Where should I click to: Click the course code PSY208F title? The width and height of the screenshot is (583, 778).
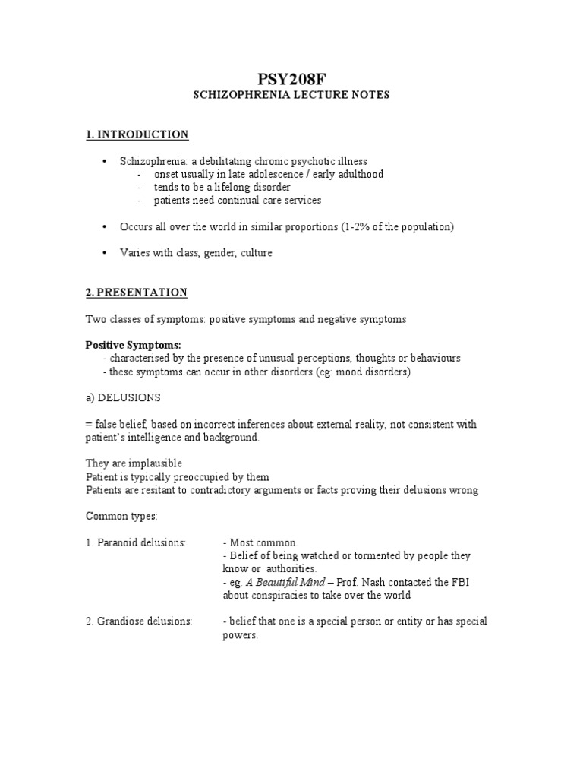(291, 78)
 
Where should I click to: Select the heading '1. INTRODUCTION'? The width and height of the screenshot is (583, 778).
(137, 134)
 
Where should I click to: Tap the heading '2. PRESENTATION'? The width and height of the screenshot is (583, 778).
(136, 293)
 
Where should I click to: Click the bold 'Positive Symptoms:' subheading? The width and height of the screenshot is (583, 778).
(133, 345)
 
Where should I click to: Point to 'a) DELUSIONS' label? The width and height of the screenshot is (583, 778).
(122, 397)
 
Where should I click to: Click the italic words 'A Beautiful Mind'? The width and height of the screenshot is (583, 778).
(285, 582)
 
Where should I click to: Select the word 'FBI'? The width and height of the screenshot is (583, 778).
(438, 582)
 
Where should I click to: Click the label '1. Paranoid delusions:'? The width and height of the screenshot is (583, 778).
(135, 542)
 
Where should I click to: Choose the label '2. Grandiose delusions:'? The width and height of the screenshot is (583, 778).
(139, 621)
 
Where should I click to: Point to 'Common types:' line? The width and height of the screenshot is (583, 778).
(121, 516)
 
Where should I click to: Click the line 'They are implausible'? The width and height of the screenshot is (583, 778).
(134, 463)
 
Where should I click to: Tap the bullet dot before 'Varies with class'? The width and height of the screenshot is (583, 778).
(104, 253)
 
